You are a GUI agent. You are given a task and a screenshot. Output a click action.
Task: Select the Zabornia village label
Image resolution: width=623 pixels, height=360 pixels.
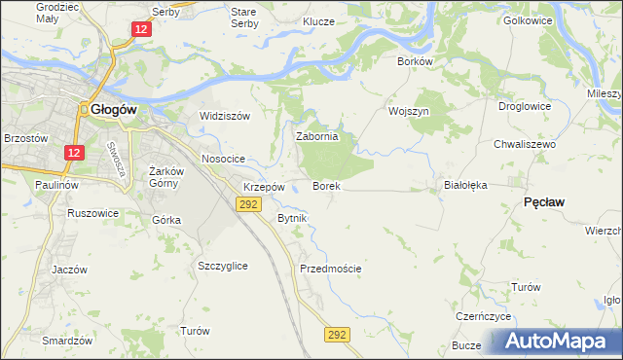[316, 137]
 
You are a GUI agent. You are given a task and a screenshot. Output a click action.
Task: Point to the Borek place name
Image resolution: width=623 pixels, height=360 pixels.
[325, 185]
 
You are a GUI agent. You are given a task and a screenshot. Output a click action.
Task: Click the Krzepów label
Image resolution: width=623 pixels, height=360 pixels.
[264, 186]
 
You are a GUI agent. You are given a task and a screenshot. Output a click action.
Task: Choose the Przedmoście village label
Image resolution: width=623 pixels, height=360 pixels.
[331, 268]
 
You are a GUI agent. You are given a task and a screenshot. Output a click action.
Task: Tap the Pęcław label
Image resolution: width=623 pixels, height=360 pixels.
[545, 200]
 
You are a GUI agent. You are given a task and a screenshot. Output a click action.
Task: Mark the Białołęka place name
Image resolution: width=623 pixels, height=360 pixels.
[464, 183]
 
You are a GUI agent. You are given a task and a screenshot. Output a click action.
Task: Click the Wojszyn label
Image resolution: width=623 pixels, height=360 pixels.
[409, 111]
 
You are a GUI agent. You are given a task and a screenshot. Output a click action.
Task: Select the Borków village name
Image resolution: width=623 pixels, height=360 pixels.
[414, 60]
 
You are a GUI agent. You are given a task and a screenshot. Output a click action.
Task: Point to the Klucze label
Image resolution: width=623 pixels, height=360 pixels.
[318, 21]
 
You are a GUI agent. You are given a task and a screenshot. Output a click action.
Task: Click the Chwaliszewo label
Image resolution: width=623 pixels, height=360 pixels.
[524, 144]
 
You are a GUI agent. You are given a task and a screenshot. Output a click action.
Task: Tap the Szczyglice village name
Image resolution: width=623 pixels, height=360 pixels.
[222, 266]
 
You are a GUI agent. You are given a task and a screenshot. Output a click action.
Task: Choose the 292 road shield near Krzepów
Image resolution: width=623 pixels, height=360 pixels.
[247, 203]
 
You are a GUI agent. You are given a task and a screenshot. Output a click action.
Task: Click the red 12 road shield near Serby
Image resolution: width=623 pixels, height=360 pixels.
[142, 31]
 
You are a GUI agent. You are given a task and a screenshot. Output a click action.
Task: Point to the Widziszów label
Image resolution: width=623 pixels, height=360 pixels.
[225, 115]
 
